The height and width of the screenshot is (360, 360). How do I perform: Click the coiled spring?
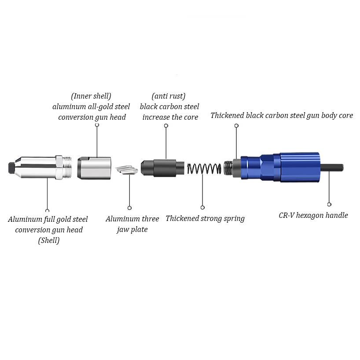[204, 169]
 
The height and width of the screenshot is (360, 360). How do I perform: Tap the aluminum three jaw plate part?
[127, 170]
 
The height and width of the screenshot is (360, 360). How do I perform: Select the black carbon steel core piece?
[162, 168]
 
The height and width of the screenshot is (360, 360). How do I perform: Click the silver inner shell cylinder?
[94, 168]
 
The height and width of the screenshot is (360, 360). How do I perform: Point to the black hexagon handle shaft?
[332, 167]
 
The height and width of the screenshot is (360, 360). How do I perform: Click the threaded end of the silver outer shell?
[67, 167]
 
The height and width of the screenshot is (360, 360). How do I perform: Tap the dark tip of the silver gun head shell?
[11, 168]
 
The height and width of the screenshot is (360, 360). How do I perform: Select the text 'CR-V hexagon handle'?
[313, 215]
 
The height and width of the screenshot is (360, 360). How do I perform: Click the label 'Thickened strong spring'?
[205, 218]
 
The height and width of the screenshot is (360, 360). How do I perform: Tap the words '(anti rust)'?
[169, 96]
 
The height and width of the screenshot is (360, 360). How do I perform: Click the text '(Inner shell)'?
[91, 96]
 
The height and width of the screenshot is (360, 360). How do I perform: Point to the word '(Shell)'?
[49, 240]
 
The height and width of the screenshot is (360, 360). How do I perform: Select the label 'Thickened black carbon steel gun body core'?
[282, 115]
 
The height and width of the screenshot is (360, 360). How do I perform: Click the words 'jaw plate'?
[132, 229]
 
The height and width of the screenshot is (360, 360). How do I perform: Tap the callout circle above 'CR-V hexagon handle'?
[329, 204]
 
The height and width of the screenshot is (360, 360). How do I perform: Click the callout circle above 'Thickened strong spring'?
[202, 208]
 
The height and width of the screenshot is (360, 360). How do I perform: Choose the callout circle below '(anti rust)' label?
[166, 125]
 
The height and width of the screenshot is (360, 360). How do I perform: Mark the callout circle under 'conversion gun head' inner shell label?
[97, 125]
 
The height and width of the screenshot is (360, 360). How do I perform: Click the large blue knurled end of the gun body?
[300, 167]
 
